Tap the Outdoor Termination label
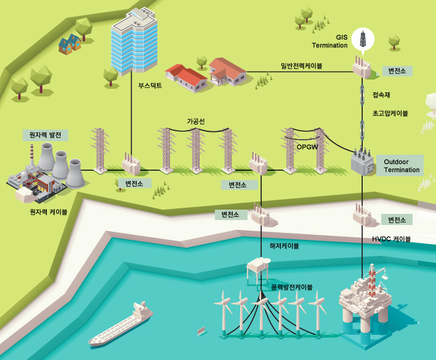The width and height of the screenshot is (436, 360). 401,165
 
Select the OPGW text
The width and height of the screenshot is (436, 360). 306,147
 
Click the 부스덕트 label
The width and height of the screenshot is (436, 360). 151,86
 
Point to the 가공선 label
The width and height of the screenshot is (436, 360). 196,121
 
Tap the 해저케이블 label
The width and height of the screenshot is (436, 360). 284,245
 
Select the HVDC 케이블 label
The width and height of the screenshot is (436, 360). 391,239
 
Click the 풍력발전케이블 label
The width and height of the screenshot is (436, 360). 291,287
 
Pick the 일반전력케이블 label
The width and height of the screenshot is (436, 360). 302,65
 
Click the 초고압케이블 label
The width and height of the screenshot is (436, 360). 390,113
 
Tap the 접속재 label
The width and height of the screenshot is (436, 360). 382,95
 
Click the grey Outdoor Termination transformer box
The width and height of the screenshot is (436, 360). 363,162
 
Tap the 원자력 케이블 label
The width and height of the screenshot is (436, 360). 49,211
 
